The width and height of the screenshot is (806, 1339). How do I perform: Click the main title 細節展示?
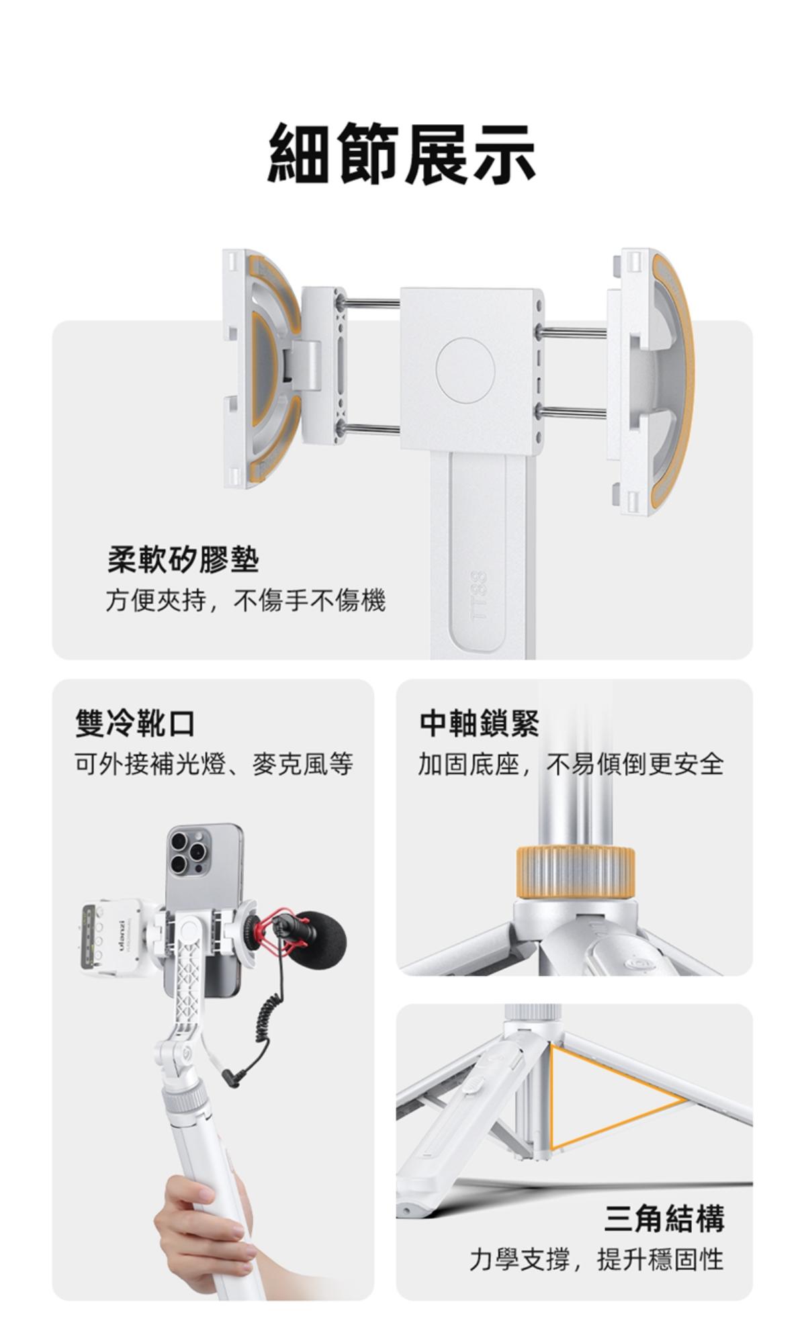pyautogui.click(x=402, y=154)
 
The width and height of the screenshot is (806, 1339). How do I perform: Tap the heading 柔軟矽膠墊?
pyautogui.click(x=183, y=559)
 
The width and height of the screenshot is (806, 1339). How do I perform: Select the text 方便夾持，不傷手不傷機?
pyautogui.click(x=245, y=600)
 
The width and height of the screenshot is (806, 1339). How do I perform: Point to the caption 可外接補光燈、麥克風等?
pyautogui.click(x=214, y=764)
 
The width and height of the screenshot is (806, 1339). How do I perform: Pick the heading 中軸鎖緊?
pyautogui.click(x=480, y=723)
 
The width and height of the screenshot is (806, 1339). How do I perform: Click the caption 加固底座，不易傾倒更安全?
pyautogui.click(x=571, y=764)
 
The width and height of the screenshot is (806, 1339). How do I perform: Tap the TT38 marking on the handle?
pyautogui.click(x=478, y=596)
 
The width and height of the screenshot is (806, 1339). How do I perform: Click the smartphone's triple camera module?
pyautogui.click(x=190, y=851)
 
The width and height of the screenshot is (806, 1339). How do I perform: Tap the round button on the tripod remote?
pyautogui.click(x=635, y=964)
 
